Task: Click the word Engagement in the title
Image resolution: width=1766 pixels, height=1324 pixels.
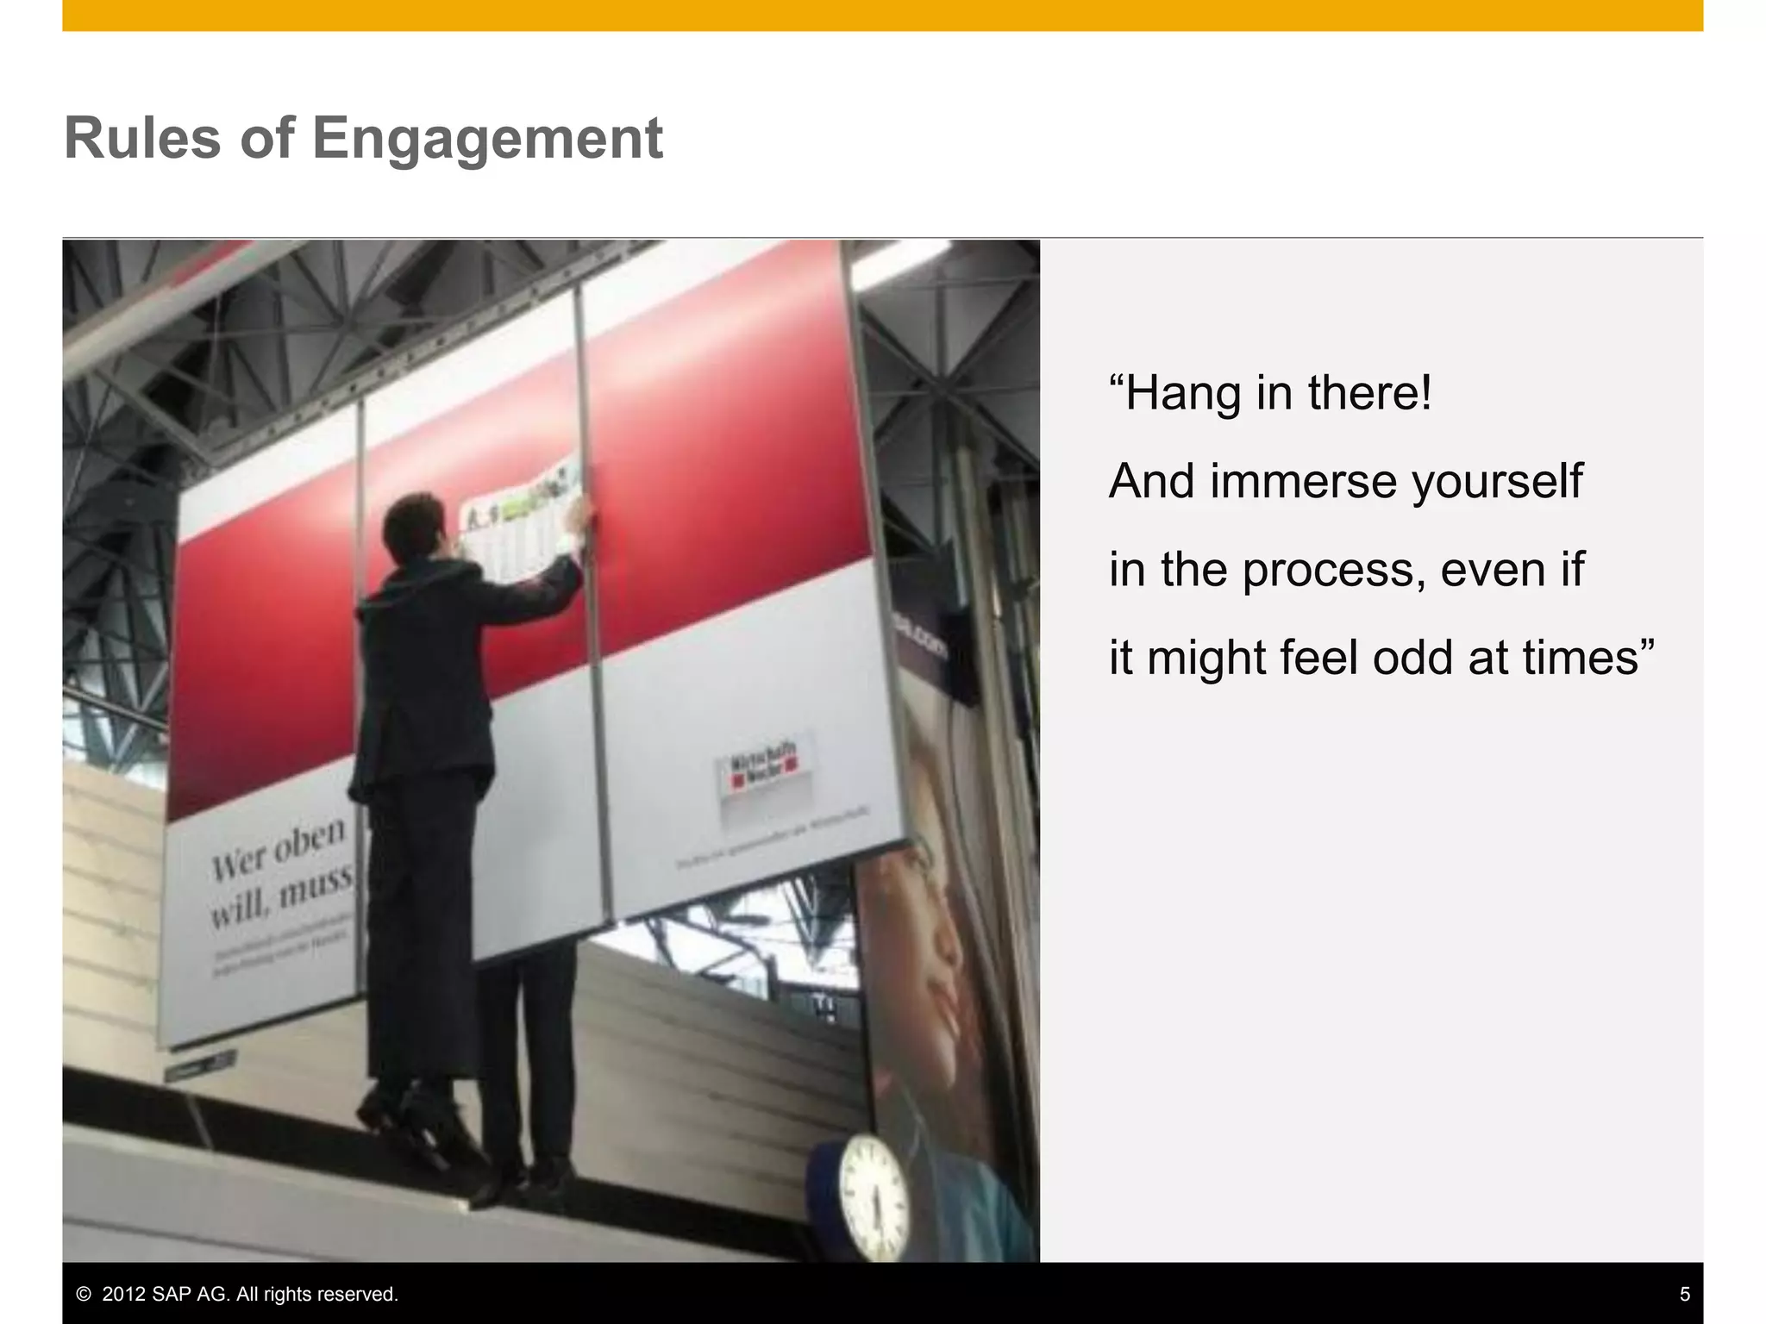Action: (487, 139)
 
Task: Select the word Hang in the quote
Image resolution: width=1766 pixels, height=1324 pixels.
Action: (1186, 393)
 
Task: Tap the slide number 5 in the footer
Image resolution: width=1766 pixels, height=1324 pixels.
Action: (1684, 1294)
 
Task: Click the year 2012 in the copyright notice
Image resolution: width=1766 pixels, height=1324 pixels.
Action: (122, 1294)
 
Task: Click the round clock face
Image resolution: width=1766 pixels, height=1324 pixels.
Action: (874, 1196)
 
